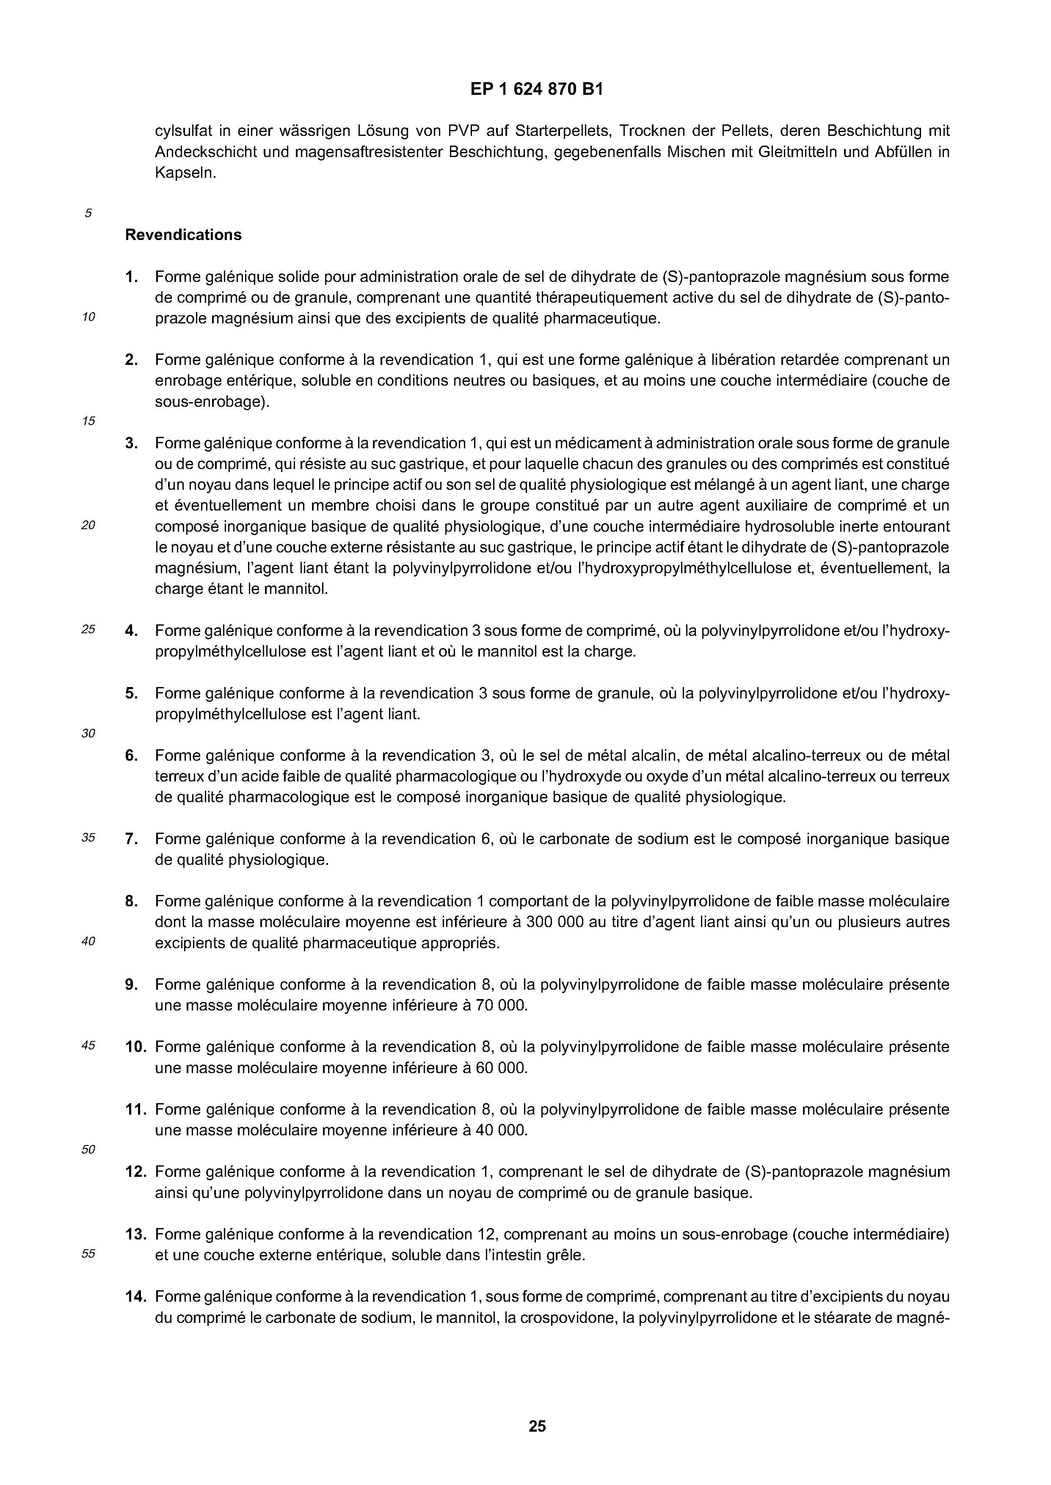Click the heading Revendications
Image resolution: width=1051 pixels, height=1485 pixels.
[x=183, y=235]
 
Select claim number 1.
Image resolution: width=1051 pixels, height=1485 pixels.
[x=131, y=277]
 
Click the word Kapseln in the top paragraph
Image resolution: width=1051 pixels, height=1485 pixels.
[x=185, y=174]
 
